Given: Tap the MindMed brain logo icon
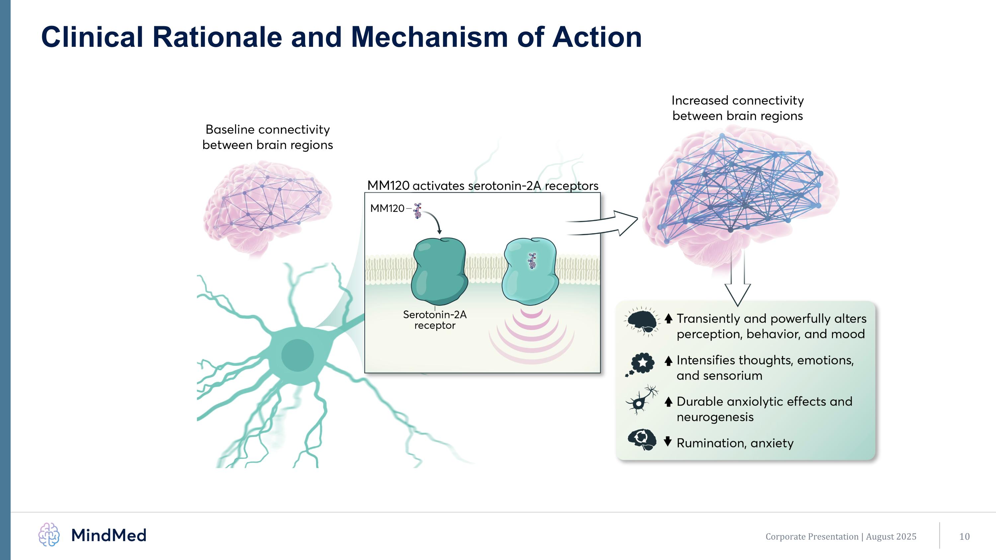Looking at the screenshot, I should coord(49,534).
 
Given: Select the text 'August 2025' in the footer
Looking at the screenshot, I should coord(891,536).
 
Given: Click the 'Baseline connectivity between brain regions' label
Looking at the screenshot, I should coord(268,137).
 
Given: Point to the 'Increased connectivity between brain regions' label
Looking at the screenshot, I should coord(737,108).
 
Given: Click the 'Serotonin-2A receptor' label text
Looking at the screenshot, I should coord(435,320).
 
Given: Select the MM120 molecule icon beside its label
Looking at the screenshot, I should coord(417,211).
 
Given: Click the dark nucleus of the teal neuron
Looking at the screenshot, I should coord(297,355).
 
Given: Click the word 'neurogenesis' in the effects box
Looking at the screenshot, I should coord(715,417).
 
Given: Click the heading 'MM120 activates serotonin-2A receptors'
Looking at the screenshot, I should coord(482,186).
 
